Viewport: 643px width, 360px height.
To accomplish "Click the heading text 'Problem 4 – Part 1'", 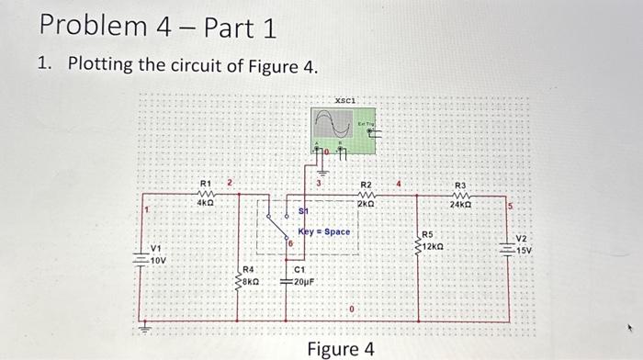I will tap(157, 27).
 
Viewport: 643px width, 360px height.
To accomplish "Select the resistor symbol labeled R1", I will tap(206, 194).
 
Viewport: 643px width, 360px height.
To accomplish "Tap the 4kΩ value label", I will tap(206, 204).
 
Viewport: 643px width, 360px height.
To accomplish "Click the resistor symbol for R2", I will tap(366, 194).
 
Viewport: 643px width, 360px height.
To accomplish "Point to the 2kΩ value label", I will tap(366, 204).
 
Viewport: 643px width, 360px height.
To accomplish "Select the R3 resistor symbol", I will tap(462, 195).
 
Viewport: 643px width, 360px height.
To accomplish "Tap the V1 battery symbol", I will tap(141, 259).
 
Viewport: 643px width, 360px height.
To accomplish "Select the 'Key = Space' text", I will tap(324, 231).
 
